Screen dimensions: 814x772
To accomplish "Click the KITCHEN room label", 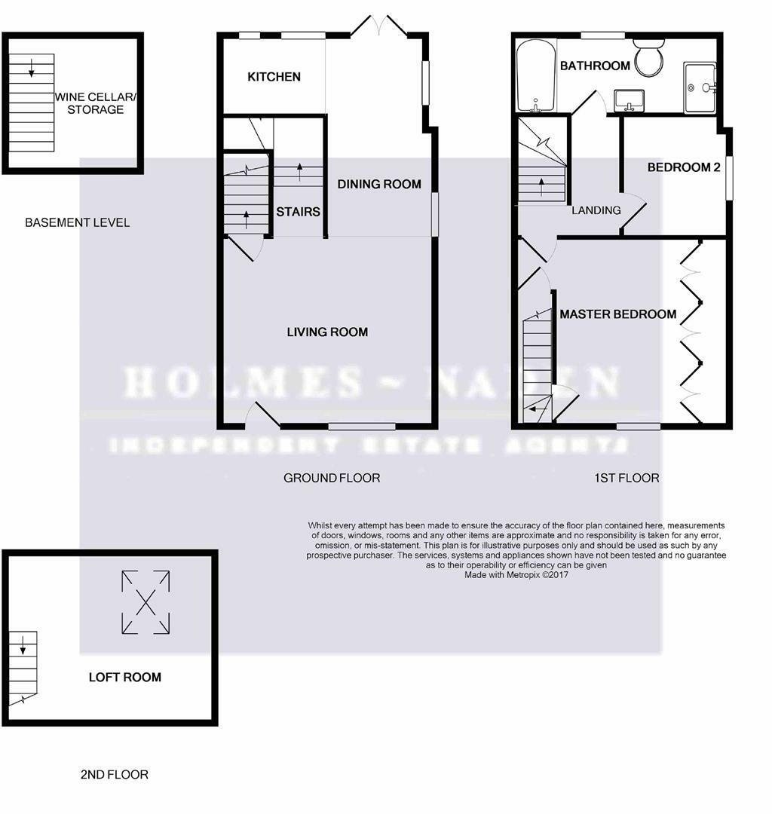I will (x=274, y=77).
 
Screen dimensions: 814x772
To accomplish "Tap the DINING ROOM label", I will (x=378, y=184).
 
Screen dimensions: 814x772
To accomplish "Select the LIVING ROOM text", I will (x=327, y=332).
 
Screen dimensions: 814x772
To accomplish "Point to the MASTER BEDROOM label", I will (x=617, y=314).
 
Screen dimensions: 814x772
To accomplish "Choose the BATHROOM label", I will (x=595, y=66).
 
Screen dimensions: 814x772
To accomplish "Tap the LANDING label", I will (x=596, y=210).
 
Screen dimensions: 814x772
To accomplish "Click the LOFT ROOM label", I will (x=124, y=677).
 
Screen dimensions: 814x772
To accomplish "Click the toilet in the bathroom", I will (x=648, y=59).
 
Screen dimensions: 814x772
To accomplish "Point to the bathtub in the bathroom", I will (x=535, y=76).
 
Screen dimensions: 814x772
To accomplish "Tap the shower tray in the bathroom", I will (x=700, y=87).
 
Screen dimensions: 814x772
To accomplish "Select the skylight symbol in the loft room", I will (x=145, y=601).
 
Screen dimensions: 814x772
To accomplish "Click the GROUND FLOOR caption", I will (x=331, y=478).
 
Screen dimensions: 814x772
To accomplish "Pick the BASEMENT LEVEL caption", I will (x=77, y=222).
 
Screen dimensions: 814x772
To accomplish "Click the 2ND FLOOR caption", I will (x=114, y=774).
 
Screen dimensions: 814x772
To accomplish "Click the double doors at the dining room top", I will (x=378, y=28).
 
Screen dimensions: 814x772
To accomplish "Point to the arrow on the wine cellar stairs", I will (x=32, y=70).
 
